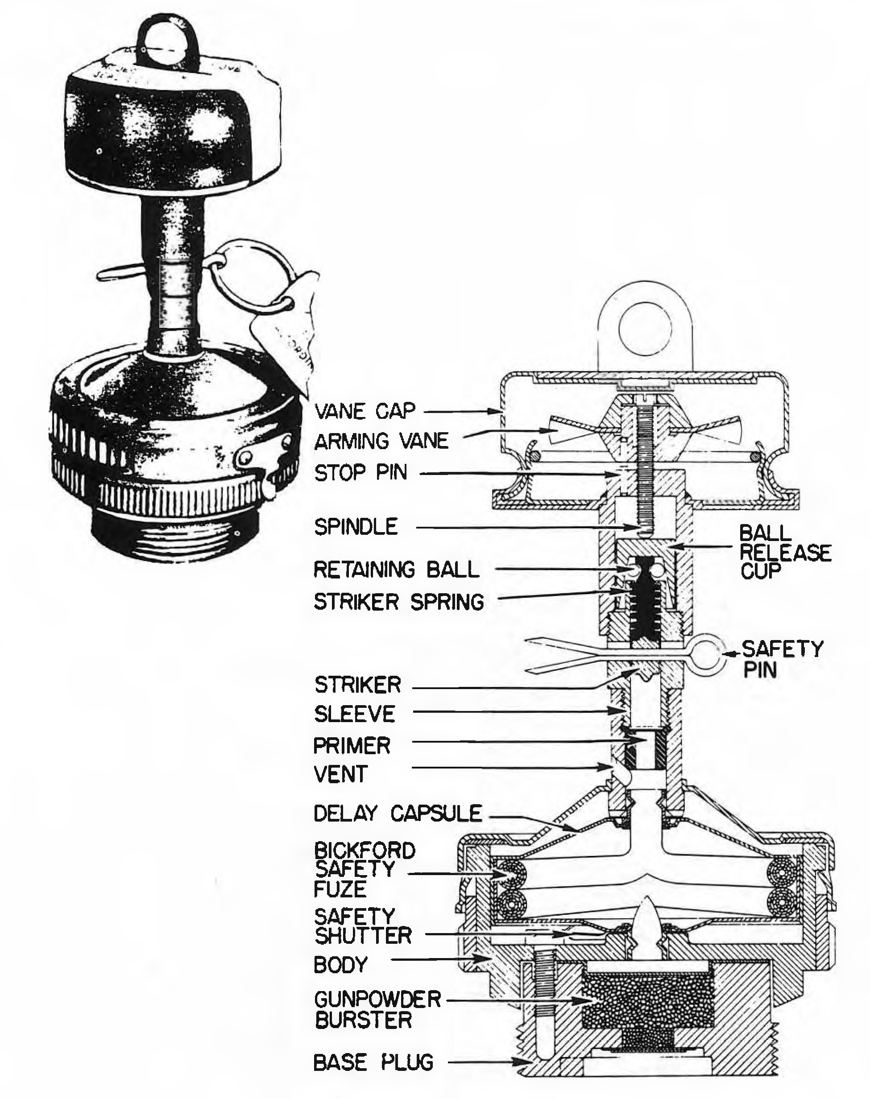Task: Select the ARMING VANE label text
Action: [x=381, y=441]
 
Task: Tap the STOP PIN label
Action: [x=361, y=473]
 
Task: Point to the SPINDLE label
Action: [x=356, y=527]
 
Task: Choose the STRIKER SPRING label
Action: [x=399, y=603]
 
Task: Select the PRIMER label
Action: [x=352, y=746]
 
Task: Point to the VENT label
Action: [x=340, y=775]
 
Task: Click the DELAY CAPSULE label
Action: [x=398, y=813]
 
